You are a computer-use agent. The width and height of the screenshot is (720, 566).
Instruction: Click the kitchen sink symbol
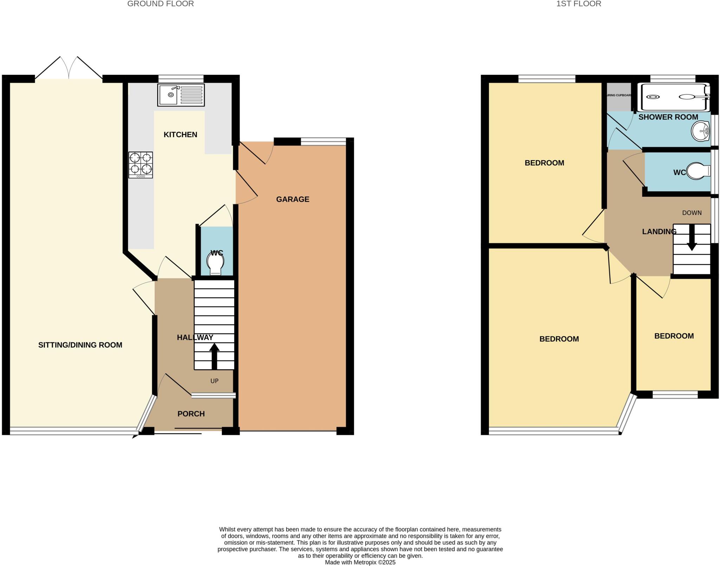181,95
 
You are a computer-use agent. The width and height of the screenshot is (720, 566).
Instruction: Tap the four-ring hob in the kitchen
140,165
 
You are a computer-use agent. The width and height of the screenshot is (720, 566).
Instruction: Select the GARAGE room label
292,199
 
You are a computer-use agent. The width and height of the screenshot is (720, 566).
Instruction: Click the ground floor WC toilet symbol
215,264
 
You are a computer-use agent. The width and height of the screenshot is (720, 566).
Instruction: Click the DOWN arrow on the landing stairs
692,238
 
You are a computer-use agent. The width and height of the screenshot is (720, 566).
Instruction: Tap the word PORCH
191,414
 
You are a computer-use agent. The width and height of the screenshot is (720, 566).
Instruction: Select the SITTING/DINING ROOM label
80,345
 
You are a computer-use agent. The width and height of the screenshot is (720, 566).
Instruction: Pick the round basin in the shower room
700,131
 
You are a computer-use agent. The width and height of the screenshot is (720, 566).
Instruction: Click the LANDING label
659,232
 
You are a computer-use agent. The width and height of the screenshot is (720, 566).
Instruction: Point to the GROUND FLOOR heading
160,4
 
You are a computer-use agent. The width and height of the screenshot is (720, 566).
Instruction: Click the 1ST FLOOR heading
578,4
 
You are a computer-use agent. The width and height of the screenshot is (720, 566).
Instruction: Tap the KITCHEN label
180,135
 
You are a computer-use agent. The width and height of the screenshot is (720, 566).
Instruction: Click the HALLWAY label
195,337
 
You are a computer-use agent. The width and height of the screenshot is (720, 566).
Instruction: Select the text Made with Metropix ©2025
360,562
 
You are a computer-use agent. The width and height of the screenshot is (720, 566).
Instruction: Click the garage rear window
323,141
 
